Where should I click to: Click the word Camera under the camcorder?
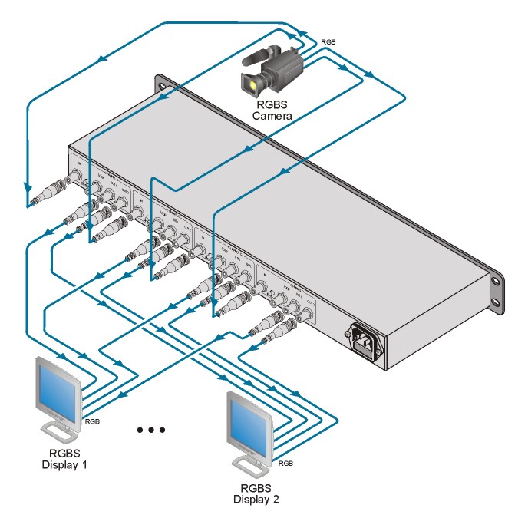tap(272, 116)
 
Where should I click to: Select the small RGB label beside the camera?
tap(327, 41)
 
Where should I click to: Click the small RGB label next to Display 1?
tap(92, 421)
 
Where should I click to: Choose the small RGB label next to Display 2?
tap(285, 464)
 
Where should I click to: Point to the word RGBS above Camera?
tap(272, 104)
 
